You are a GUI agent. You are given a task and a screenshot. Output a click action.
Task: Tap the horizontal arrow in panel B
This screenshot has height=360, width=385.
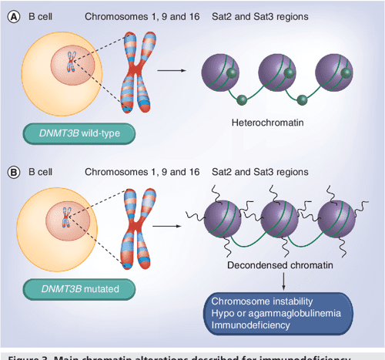point(171,226)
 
